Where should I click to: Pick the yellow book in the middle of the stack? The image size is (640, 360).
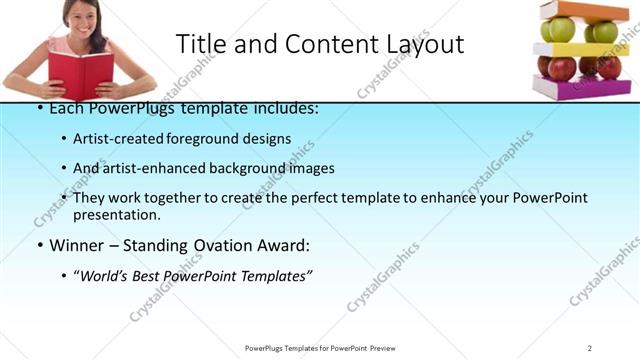pos(580,48)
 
